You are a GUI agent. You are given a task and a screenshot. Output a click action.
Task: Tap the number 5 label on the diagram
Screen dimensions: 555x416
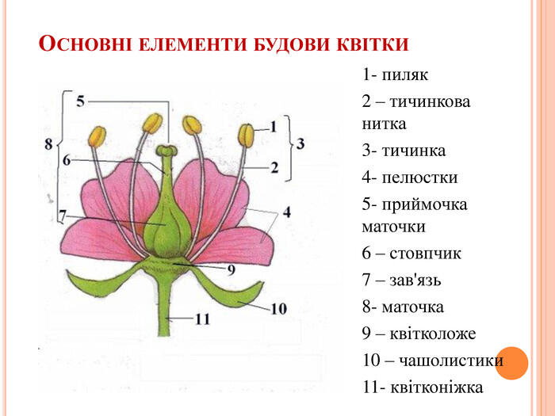click(81, 101)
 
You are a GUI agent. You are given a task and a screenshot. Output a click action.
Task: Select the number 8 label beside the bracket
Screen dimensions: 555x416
click(48, 143)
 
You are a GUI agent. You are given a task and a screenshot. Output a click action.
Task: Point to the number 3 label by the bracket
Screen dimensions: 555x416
click(300, 143)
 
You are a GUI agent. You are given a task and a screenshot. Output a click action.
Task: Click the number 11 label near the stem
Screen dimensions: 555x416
click(202, 319)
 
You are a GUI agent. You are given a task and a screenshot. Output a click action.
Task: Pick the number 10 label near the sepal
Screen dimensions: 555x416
click(278, 309)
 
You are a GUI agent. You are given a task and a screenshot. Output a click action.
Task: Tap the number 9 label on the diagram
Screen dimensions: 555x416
click(232, 270)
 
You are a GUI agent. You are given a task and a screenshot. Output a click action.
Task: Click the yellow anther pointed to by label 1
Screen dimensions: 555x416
click(247, 135)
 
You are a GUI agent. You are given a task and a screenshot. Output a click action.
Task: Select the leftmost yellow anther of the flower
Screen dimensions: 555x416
click(97, 136)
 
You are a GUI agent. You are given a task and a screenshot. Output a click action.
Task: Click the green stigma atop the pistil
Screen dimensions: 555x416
click(166, 151)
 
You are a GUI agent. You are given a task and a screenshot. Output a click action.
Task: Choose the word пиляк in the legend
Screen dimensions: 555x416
click(404, 74)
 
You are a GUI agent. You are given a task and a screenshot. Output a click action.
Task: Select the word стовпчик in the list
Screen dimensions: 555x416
click(425, 253)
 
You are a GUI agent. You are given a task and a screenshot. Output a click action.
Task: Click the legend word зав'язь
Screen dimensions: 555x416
click(415, 280)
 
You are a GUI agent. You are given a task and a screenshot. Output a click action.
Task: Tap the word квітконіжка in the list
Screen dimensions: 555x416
click(436, 387)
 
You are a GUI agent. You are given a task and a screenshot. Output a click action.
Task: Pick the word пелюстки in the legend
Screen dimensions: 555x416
click(419, 177)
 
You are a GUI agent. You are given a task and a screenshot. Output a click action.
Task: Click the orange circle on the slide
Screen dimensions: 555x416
click(511, 363)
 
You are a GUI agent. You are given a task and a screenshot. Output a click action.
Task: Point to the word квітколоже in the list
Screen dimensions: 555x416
click(433, 334)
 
